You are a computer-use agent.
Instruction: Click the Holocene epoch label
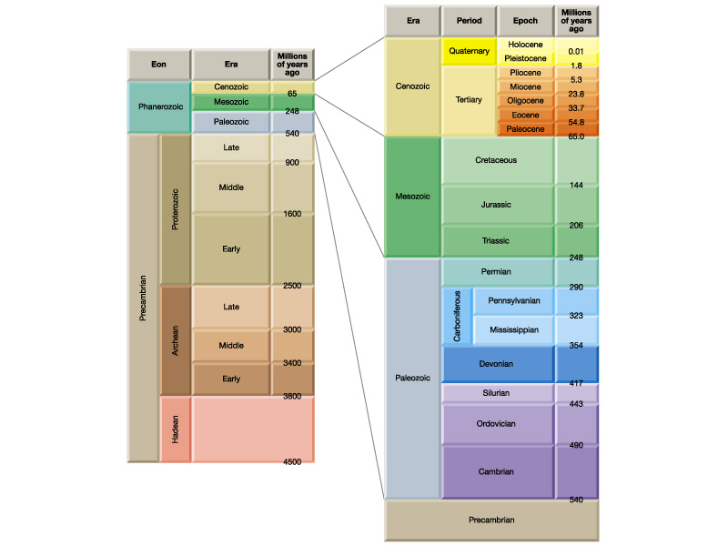(x=525, y=44)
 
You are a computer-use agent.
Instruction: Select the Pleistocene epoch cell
(x=525, y=58)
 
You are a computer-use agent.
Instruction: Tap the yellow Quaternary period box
(x=469, y=51)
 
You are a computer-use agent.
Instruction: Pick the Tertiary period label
(x=469, y=100)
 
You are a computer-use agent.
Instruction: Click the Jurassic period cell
(x=497, y=205)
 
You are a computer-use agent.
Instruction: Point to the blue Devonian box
(x=497, y=363)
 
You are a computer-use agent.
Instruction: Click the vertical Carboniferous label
(x=457, y=315)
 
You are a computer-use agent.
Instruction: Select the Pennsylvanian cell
(x=514, y=299)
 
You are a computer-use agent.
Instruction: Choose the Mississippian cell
(x=514, y=329)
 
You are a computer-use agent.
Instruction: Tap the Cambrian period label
(x=497, y=471)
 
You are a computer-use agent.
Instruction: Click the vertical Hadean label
(x=175, y=430)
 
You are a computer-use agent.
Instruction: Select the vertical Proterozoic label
(x=175, y=208)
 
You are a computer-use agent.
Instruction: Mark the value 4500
(x=292, y=462)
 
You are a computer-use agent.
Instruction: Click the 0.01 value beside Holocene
(x=576, y=51)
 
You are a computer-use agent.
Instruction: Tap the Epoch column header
(x=525, y=20)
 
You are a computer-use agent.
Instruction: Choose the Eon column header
(x=158, y=65)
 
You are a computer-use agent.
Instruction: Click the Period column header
(x=469, y=20)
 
